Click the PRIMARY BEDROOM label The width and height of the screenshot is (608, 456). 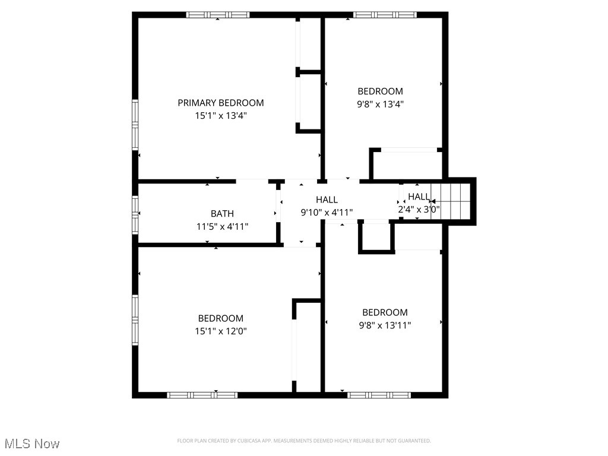click(x=220, y=103)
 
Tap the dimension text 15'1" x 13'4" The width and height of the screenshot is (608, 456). click(x=220, y=116)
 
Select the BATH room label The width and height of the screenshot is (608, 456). click(x=222, y=214)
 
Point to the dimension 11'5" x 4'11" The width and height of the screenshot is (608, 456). click(x=222, y=226)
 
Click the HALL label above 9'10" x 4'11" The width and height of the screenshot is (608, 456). click(x=327, y=200)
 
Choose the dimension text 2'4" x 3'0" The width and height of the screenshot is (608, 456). click(x=419, y=209)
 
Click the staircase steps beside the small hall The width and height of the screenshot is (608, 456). click(x=453, y=201)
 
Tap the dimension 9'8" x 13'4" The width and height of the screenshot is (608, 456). click(x=380, y=104)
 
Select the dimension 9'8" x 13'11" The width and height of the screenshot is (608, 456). click(x=385, y=325)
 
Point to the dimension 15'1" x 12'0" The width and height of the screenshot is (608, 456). click(x=220, y=331)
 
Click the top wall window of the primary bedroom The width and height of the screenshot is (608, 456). click(x=217, y=15)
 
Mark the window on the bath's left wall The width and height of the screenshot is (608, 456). click(x=135, y=214)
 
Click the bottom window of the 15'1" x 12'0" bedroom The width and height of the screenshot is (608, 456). click(x=202, y=395)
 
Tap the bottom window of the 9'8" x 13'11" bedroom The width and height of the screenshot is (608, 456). click(x=379, y=395)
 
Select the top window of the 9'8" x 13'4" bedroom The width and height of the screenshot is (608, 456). click(x=385, y=15)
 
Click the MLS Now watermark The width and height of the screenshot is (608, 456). click(x=32, y=444)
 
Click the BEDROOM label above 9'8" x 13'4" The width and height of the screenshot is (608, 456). click(x=380, y=91)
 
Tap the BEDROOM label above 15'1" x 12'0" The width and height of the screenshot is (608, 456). click(x=220, y=318)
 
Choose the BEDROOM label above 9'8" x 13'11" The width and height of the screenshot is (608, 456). click(x=385, y=312)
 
